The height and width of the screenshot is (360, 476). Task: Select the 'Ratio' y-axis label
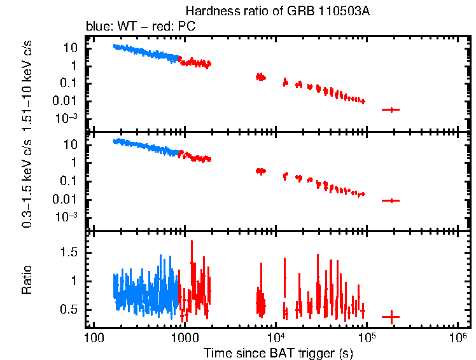pos(27,280)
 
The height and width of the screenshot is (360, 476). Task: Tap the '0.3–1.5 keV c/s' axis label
pos(27,181)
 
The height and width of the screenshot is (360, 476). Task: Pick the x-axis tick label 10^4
pos(276,336)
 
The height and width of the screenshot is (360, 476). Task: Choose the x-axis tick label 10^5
pos(367,336)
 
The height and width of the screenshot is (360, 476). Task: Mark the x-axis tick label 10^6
pos(458,336)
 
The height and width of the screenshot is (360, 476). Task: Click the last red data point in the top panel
pos(391,109)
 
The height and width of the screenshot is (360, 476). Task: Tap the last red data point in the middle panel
pos(391,200)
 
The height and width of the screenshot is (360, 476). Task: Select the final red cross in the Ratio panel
pos(391,316)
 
